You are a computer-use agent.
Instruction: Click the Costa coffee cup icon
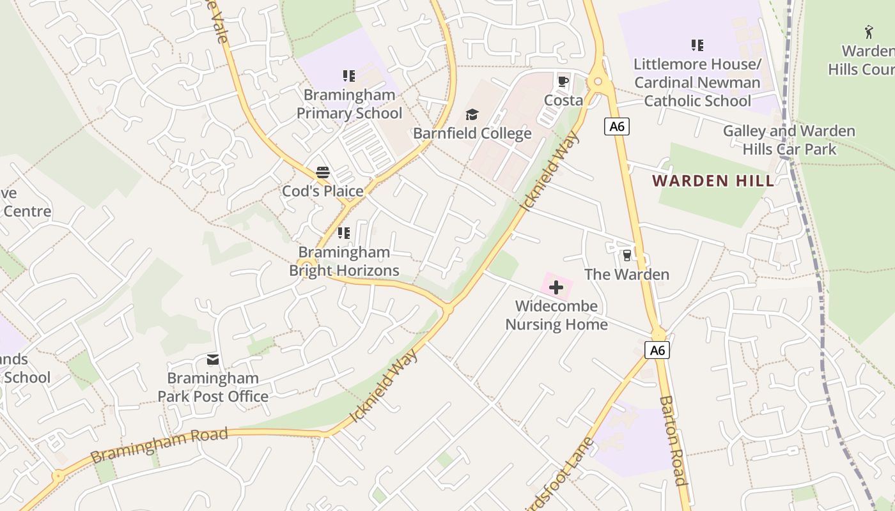[563, 81]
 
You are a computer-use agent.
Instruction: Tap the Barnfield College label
[472, 133]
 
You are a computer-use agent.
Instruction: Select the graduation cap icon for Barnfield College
[472, 114]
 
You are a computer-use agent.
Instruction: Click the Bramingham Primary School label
[349, 104]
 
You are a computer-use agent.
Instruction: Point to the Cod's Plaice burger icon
[323, 172]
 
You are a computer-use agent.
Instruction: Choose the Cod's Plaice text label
[323, 191]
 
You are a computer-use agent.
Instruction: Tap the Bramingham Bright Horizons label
[344, 261]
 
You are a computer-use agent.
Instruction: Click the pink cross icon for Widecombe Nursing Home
[556, 287]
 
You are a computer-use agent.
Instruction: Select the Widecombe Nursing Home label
[556, 315]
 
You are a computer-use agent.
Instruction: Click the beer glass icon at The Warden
[626, 256]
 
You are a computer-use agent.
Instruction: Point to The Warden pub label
[626, 275]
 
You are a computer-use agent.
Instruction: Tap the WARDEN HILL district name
[713, 181]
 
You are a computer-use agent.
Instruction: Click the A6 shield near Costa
[617, 126]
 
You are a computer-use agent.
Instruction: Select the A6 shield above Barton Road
[657, 350]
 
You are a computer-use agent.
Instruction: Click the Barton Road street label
[673, 441]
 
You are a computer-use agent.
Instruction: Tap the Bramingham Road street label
[159, 446]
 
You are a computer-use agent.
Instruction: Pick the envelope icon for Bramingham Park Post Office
[213, 360]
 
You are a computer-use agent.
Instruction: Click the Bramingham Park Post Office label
[213, 387]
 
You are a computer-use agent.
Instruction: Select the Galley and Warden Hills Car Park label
[789, 140]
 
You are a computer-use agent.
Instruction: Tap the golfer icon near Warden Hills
[869, 32]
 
